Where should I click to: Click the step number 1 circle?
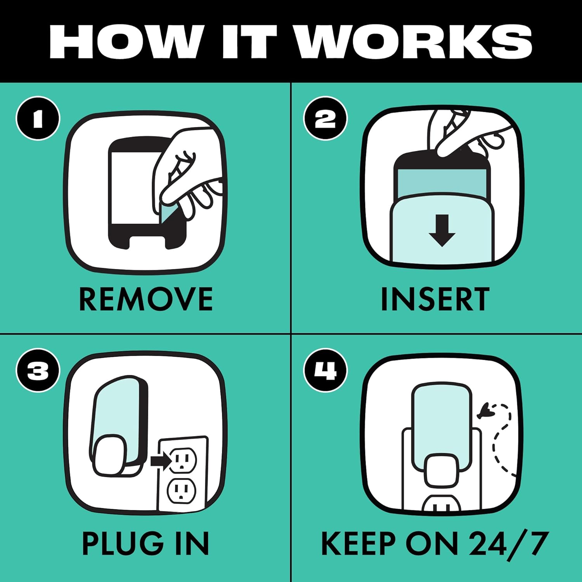coord(38,118)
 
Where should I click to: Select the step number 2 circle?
coord(325,118)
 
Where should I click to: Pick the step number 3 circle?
coord(38,370)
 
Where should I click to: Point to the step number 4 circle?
coord(325,370)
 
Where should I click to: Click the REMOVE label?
coord(146,299)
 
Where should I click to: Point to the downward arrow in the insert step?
coord(442,230)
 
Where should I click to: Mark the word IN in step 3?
coord(192,544)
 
